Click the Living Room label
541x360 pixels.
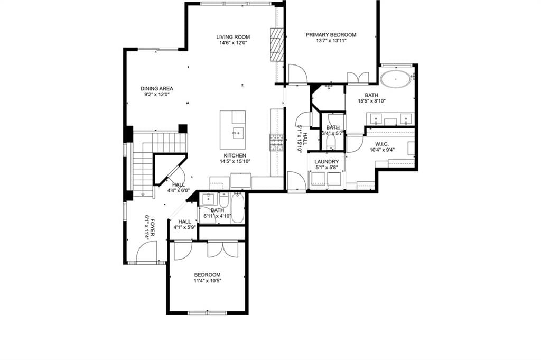[233, 37]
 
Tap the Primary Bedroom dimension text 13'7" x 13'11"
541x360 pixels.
[331, 41]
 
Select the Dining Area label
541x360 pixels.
[156, 88]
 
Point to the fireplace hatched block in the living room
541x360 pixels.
[277, 44]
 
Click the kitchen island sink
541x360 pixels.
[238, 133]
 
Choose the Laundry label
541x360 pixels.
[327, 162]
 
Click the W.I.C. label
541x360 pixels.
[380, 144]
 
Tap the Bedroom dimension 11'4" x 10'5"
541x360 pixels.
[207, 281]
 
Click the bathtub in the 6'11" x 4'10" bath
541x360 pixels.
[238, 208]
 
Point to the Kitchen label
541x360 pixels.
[235, 155]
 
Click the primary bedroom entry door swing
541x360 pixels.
[297, 74]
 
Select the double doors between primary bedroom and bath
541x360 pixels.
[358, 77]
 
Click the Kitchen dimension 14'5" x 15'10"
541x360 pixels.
[235, 161]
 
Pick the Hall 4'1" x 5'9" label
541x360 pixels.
[184, 224]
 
